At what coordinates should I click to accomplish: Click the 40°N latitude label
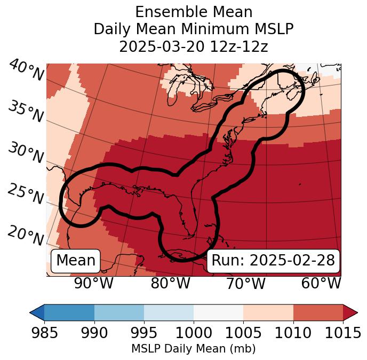coord(26,71)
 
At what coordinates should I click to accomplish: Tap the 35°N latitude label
coord(26,112)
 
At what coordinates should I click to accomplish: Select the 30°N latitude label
coord(26,153)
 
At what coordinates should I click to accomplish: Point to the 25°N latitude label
coord(26,194)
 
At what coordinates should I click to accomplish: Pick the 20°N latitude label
coord(26,235)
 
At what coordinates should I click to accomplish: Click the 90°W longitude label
coord(94,283)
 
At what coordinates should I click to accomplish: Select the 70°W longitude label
coord(246,283)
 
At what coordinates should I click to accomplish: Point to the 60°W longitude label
coord(321,283)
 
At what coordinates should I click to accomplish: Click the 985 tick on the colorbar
coord(45,333)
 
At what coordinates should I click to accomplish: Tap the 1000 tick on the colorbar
coord(194,333)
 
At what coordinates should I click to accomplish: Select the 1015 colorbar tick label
coord(342,333)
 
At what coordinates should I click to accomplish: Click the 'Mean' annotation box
coord(76,261)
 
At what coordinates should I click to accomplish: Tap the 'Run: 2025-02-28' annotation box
coord(273,261)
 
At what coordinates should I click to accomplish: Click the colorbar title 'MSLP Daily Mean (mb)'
coord(193,349)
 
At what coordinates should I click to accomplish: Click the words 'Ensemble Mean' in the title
coord(194,12)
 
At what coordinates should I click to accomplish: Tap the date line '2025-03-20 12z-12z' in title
coord(194,46)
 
